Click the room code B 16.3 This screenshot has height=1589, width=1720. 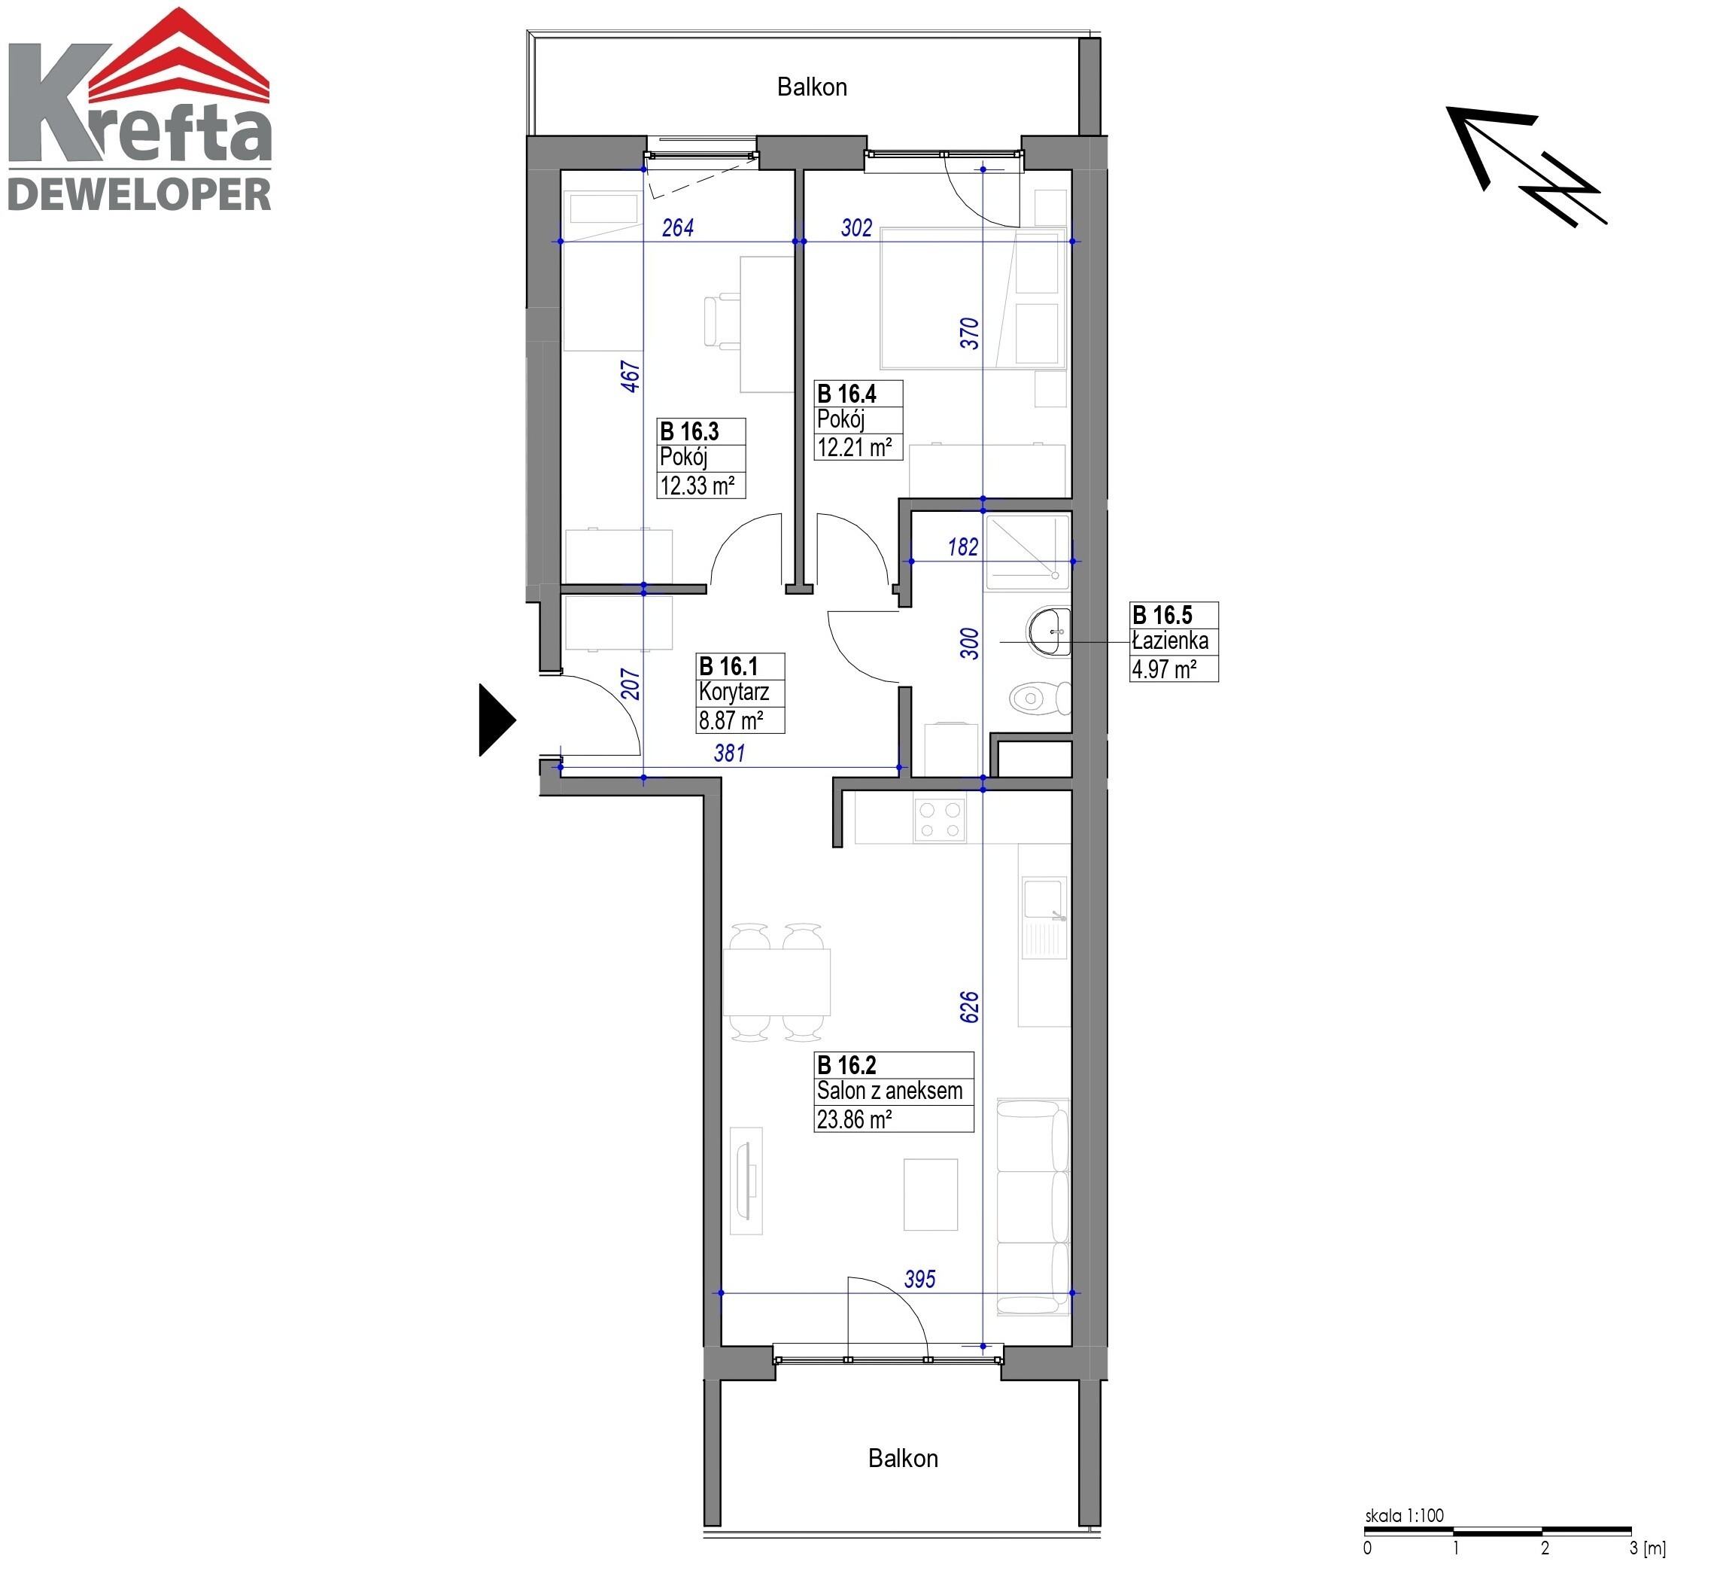pyautogui.click(x=688, y=431)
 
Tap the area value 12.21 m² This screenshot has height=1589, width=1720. pyautogui.click(x=855, y=447)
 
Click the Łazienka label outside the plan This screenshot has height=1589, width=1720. pyautogui.click(x=1170, y=640)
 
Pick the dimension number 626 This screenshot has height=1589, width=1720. pyautogui.click(x=969, y=1007)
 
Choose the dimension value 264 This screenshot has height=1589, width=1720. pyautogui.click(x=677, y=227)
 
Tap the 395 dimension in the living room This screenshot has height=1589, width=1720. pyautogui.click(x=919, y=1279)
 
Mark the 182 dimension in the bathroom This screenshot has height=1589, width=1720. pyautogui.click(x=963, y=547)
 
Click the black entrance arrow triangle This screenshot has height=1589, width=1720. pyautogui.click(x=496, y=720)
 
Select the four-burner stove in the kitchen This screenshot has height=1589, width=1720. pyautogui.click(x=940, y=818)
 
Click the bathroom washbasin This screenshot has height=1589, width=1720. pyautogui.click(x=1049, y=632)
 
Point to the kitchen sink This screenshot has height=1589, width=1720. pyautogui.click(x=1044, y=917)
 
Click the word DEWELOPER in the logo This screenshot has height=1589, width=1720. pyautogui.click(x=139, y=194)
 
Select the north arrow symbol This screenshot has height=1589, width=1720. pyautogui.click(x=1526, y=166)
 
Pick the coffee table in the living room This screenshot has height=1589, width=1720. pyautogui.click(x=930, y=1195)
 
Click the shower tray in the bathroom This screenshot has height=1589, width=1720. pyautogui.click(x=1027, y=552)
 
